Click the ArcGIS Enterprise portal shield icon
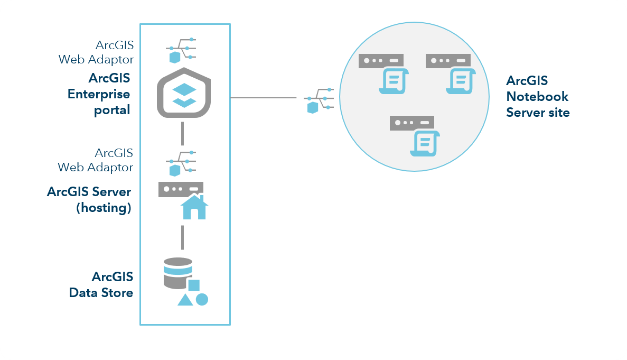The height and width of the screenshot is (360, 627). [184, 93]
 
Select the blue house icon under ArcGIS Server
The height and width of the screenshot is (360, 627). [194, 207]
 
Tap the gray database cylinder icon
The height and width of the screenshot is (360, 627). [177, 273]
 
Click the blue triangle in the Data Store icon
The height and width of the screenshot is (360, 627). [185, 300]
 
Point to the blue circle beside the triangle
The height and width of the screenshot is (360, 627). [202, 299]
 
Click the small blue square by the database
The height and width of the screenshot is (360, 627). [194, 285]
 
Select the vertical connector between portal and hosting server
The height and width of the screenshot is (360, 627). [182, 133]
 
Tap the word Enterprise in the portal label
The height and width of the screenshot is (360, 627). [99, 94]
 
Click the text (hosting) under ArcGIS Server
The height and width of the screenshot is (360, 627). [104, 208]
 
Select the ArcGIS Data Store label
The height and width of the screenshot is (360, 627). [101, 284]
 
